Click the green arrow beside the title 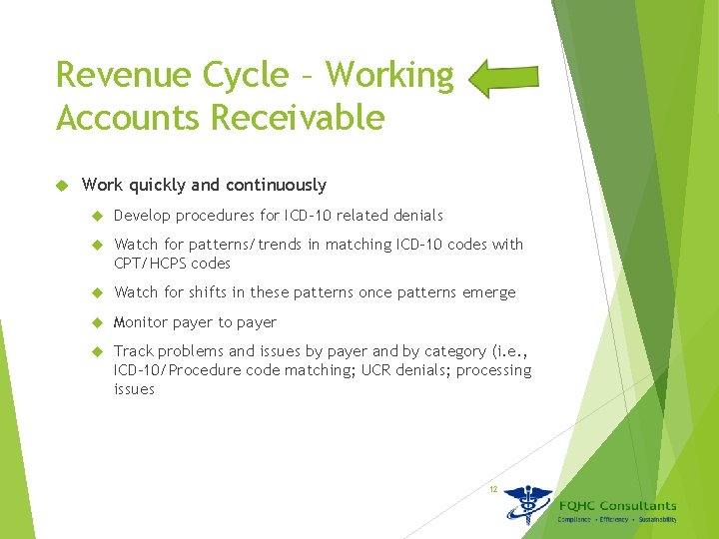pyautogui.click(x=503, y=78)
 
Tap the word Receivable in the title pyautogui.click(x=299, y=118)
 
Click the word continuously pyautogui.click(x=276, y=185)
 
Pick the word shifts pyautogui.click(x=207, y=292)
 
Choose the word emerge pyautogui.click(x=489, y=292)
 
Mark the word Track pyautogui.click(x=134, y=351)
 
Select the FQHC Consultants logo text pyautogui.click(x=617, y=506)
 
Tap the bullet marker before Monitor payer pyautogui.click(x=98, y=322)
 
